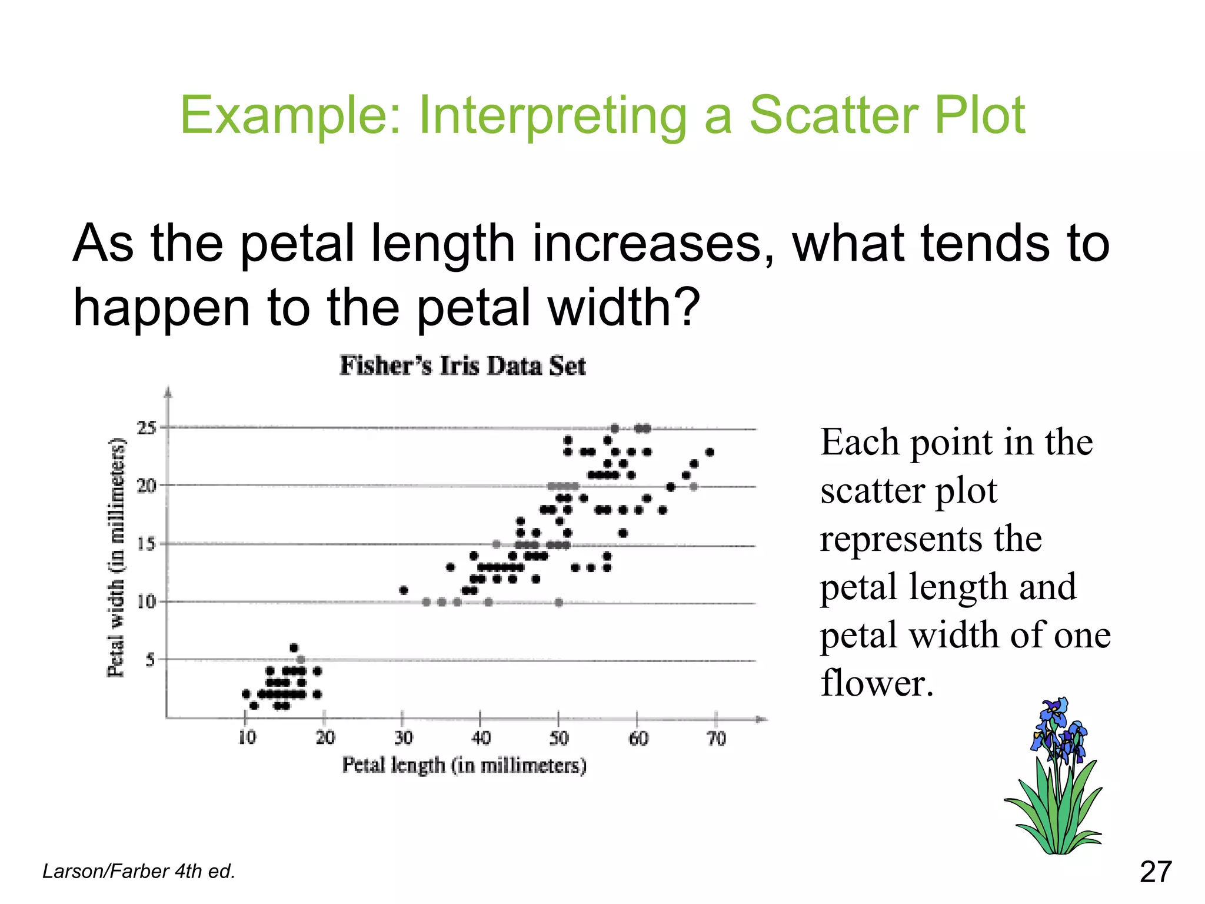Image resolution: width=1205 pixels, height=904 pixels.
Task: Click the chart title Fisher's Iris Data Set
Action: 462,365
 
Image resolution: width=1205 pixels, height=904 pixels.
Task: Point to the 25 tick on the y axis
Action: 147,428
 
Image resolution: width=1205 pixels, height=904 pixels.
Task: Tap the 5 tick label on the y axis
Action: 150,660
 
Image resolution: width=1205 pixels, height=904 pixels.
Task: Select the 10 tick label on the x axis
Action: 247,737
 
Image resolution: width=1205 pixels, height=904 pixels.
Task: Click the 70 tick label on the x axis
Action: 716,738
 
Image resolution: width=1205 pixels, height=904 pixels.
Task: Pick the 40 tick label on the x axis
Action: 481,737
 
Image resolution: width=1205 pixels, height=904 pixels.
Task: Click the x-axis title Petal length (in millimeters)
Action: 464,766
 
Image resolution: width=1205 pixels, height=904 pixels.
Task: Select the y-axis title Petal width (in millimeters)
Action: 116,557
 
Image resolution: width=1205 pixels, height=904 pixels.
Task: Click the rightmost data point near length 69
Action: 710,452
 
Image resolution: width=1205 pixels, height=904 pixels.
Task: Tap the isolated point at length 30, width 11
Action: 404,590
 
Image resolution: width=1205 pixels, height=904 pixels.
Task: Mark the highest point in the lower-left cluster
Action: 294,648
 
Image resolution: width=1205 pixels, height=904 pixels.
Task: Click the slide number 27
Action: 1156,872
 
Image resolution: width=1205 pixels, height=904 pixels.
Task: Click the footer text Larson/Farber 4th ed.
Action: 139,871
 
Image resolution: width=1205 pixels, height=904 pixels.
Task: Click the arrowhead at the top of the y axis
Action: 168,391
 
